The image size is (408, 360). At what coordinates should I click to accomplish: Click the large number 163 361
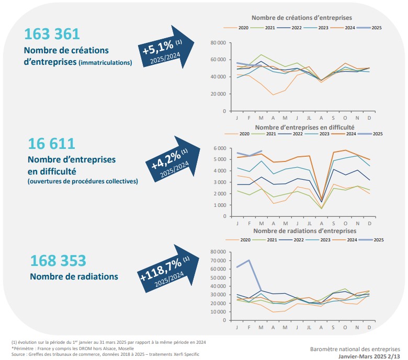(x=52, y=34)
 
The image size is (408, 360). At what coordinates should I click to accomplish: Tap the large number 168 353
(x=58, y=260)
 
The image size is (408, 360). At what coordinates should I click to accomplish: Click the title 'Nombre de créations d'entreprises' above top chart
(x=302, y=18)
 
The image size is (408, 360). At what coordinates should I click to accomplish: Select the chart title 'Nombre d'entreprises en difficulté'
(x=305, y=127)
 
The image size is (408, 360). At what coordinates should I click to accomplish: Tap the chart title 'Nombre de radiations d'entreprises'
(x=305, y=230)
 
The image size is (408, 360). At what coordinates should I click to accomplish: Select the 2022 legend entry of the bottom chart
(x=296, y=239)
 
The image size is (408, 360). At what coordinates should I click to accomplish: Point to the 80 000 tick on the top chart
(x=217, y=42)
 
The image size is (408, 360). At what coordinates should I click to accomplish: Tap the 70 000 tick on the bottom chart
(x=217, y=260)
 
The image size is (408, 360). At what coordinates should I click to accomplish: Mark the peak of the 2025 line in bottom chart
(x=248, y=260)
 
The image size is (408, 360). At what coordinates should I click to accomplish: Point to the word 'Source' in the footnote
(x=19, y=353)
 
